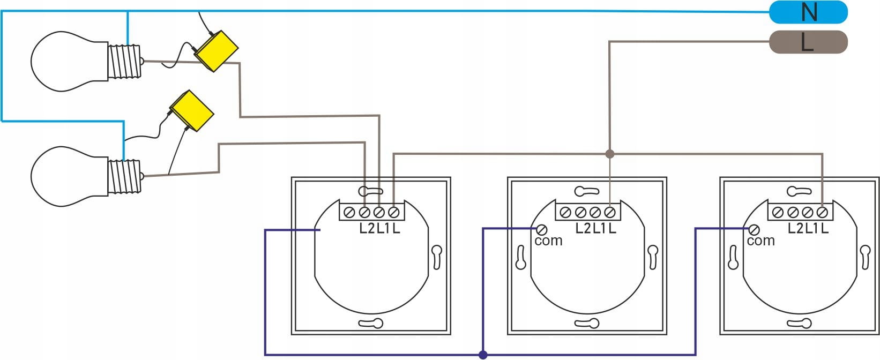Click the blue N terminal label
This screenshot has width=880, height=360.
tap(808, 12)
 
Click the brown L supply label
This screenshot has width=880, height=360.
tap(808, 42)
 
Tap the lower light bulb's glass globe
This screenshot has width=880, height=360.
tap(70, 176)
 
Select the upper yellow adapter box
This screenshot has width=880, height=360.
tap(215, 51)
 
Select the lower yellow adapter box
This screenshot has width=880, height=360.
tap(191, 111)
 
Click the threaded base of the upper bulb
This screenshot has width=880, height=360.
tap(125, 61)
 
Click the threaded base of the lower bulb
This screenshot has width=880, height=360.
tap(125, 176)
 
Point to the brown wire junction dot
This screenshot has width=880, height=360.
tap(609, 154)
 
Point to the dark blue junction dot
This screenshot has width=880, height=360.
tap(483, 355)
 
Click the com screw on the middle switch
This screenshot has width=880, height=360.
tap(541, 230)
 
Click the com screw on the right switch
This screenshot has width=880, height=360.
tap(754, 230)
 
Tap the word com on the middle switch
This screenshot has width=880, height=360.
tap(548, 241)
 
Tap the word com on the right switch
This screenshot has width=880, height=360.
tap(761, 241)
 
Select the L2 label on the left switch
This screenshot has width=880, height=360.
tap(367, 228)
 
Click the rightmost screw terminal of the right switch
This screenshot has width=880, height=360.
tap(822, 213)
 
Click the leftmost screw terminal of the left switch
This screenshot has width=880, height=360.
tap(349, 213)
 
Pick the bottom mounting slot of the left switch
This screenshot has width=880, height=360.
tap(371, 323)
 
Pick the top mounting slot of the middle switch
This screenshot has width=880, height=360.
tap(586, 191)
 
